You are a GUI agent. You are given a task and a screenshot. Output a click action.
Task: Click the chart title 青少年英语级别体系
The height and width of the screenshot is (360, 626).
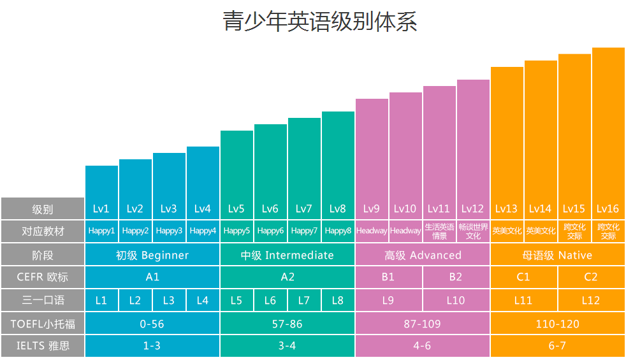tap(319, 21)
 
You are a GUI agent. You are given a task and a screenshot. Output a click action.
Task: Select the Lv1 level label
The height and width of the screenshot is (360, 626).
tap(101, 208)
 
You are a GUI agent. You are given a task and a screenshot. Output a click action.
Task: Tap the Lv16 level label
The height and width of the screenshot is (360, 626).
tap(608, 208)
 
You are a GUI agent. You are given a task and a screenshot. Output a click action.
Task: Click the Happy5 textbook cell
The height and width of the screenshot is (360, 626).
tap(237, 231)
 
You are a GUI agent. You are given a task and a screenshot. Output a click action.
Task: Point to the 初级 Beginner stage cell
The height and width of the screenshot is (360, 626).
tap(152, 256)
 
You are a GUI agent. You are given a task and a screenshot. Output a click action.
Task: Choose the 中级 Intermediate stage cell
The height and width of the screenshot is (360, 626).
tap(287, 256)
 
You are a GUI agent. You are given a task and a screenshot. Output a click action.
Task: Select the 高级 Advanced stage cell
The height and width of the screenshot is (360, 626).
tap(423, 256)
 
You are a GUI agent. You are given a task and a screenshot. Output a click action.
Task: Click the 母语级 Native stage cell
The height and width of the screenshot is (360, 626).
tap(557, 256)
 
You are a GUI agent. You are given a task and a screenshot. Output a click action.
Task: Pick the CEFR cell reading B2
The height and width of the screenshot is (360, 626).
tap(456, 277)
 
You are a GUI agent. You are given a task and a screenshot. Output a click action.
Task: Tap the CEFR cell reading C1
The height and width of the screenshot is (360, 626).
tap(523, 277)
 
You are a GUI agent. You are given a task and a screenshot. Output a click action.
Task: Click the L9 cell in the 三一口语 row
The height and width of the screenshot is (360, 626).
tap(388, 300)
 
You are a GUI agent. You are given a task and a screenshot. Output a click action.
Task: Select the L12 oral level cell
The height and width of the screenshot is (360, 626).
tap(591, 300)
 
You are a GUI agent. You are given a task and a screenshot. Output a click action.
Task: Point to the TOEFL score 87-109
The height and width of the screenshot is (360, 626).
tap(422, 324)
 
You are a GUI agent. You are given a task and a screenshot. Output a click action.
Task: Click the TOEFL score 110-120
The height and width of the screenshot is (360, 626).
tap(557, 324)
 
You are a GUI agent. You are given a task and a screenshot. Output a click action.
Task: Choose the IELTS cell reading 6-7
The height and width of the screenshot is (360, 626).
tap(557, 346)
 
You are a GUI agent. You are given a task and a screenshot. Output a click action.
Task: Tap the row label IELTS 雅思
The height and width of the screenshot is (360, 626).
tap(43, 346)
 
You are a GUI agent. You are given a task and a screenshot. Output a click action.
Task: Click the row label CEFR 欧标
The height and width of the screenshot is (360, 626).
tap(43, 277)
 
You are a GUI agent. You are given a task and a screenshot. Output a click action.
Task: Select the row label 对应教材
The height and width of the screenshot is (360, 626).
tap(43, 231)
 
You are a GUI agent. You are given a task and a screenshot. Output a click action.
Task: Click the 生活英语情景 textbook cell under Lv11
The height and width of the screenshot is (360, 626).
tap(439, 231)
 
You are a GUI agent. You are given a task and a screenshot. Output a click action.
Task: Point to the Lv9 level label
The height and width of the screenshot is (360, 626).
tap(372, 208)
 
